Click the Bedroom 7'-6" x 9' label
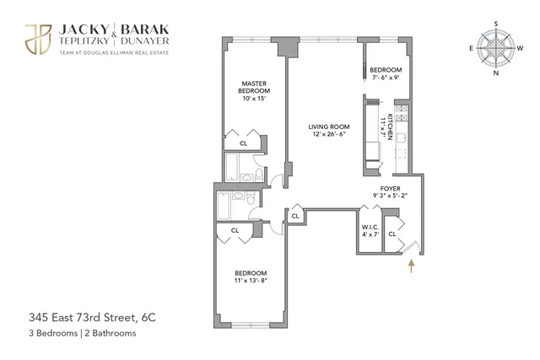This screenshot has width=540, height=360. coord(384,74)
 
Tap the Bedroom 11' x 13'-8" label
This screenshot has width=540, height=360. coord(251,277)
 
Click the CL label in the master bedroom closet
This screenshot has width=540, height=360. coord(244,143)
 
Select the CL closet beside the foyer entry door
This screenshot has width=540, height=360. coord(392,234)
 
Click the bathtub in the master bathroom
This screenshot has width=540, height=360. coord(234,171)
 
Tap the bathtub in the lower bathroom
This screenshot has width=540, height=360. coord(224,206)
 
